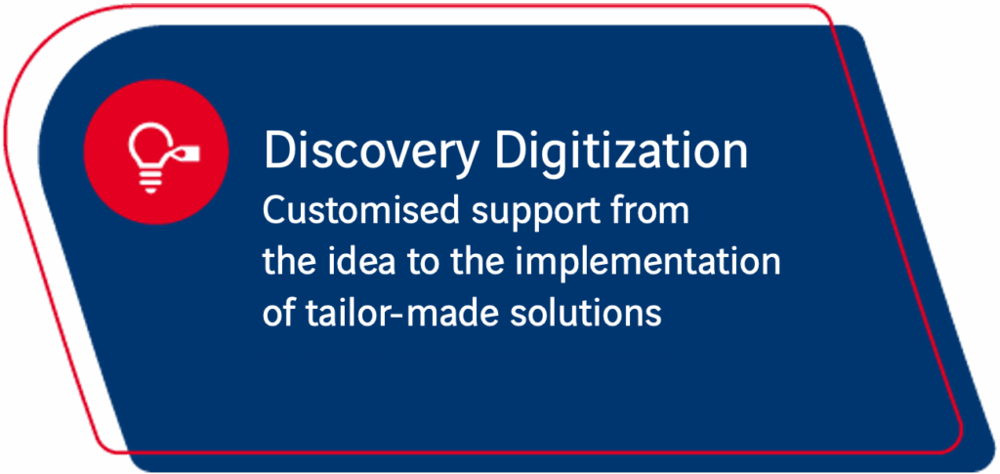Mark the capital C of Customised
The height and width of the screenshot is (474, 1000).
tap(273, 211)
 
